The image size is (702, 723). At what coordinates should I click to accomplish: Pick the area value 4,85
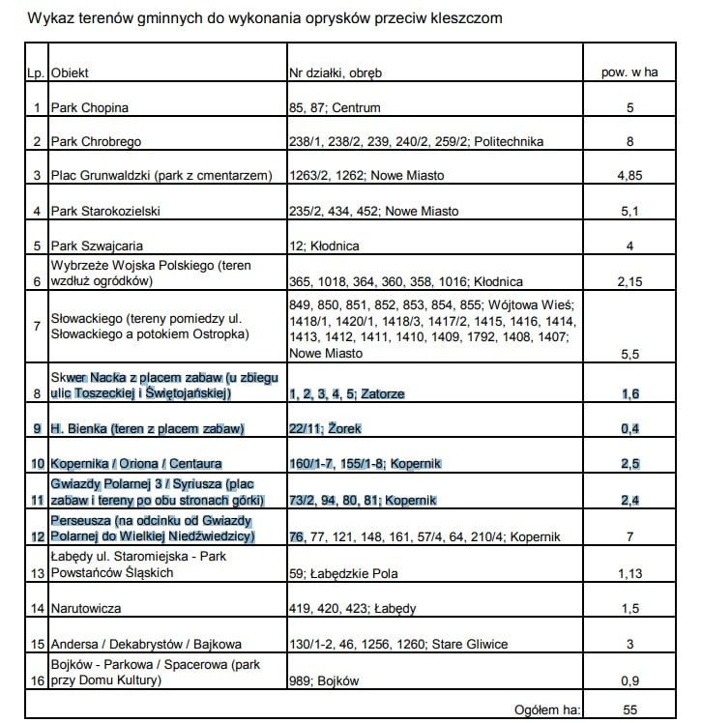629,177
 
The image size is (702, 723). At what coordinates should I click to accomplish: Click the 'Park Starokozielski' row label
108,212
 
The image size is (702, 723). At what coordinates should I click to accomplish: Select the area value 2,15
629,282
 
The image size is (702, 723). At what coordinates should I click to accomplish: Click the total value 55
629,710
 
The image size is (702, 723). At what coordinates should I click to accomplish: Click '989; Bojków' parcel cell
324,681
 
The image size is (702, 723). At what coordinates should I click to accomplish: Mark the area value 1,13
629,573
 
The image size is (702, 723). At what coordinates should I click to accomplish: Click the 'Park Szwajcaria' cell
96,246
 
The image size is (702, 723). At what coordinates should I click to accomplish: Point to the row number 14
36,609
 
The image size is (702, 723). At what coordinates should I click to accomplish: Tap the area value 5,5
629,355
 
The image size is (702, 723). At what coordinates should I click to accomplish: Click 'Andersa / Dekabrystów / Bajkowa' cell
145,645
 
